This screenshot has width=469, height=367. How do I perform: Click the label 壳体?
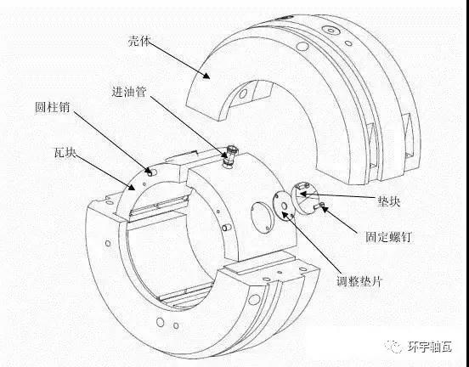(138, 41)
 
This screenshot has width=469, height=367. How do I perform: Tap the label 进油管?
(129, 92)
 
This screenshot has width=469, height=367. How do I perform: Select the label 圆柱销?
(53, 107)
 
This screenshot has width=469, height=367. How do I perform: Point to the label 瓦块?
(65, 153)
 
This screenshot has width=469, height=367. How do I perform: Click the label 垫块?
(389, 201)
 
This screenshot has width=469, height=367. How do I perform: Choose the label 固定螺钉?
(388, 237)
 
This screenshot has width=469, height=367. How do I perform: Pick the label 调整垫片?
(359, 281)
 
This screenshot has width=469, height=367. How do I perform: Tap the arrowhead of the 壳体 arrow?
(206, 75)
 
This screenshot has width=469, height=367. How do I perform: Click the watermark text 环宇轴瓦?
(430, 347)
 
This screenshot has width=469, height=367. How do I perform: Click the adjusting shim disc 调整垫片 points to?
(283, 207)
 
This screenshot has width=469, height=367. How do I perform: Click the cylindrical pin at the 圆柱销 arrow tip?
(150, 172)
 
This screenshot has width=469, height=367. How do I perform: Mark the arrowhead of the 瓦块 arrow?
(132, 187)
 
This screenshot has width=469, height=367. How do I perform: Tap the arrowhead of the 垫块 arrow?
(303, 195)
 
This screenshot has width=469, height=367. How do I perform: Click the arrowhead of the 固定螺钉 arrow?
(324, 208)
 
